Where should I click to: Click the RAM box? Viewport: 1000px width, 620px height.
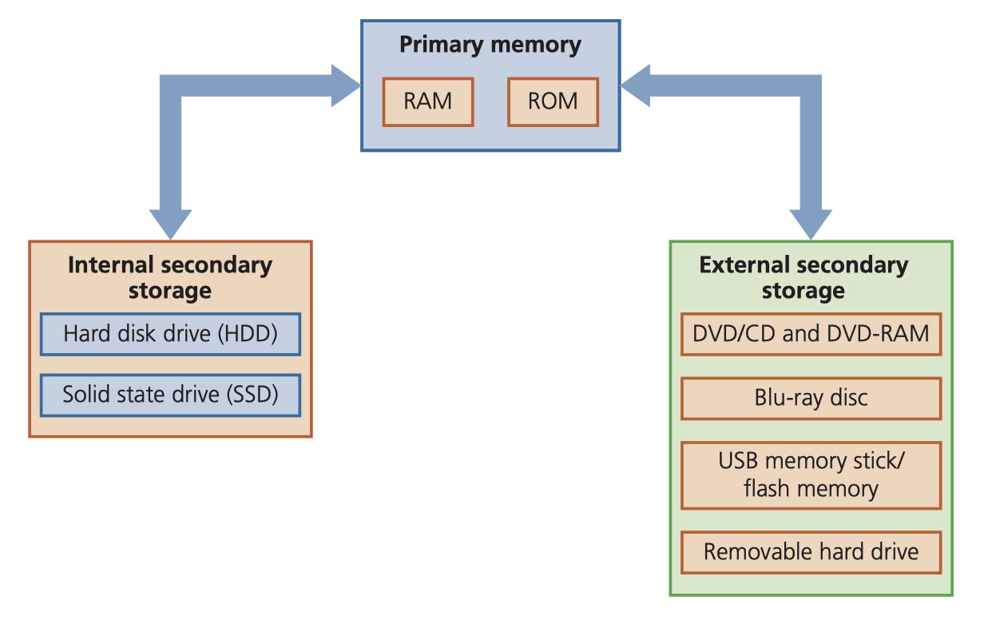427,101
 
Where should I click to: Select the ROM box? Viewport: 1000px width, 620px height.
553,101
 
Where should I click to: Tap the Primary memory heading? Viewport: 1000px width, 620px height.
490,45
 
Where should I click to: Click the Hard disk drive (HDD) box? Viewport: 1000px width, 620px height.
170,334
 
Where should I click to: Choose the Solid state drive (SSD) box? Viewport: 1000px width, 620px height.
170,395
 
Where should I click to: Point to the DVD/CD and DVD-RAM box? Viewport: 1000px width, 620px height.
812,334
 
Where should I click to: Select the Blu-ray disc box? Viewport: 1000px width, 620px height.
812,399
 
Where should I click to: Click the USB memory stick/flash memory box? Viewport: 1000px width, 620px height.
812,475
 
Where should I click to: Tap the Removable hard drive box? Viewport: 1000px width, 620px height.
812,552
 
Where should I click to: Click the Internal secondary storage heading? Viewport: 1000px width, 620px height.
170,277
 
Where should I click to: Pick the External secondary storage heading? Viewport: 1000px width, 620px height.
804,277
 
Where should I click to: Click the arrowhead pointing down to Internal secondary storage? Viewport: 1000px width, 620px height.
170,224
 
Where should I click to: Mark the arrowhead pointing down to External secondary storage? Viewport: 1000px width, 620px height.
811,224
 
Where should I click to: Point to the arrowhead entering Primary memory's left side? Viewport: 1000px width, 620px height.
345,85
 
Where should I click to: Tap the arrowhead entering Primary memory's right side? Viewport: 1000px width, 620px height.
636,85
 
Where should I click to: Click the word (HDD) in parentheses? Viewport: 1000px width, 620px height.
248,334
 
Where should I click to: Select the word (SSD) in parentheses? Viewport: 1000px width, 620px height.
252,395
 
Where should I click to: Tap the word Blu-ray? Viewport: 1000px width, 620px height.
788,399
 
